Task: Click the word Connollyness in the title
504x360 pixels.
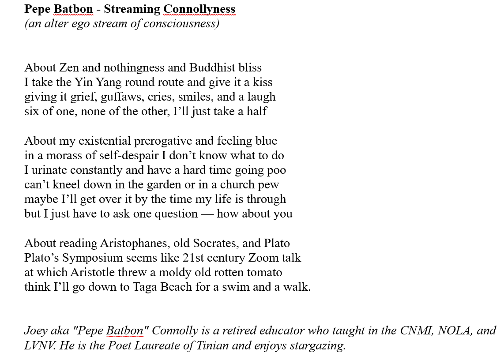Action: (199, 9)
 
